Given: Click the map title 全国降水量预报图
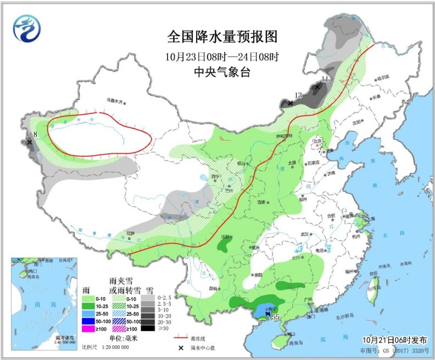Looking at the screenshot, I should (x=222, y=37).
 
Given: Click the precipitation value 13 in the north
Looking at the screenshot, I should (x=298, y=95).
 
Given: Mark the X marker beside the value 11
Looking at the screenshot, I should (x=317, y=87).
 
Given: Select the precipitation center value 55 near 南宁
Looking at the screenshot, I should (x=276, y=317).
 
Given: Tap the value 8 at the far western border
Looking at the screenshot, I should (x=35, y=134).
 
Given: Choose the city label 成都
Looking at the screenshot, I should (x=225, y=237).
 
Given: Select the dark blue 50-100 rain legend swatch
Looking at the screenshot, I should (x=87, y=320).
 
